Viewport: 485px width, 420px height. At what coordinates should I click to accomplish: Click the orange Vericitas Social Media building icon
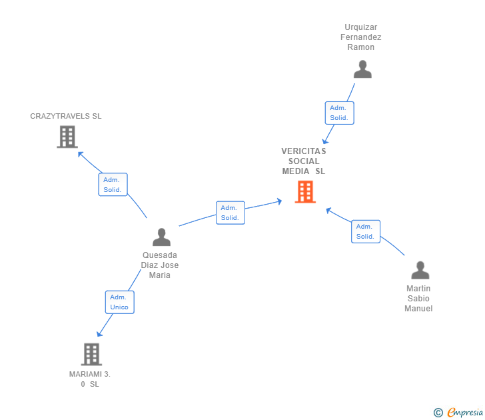[305, 192]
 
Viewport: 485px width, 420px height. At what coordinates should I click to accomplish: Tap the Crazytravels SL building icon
[67, 137]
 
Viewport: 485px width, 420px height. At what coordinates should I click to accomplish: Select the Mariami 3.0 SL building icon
[91, 354]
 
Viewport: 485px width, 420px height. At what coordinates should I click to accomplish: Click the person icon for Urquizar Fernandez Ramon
[362, 69]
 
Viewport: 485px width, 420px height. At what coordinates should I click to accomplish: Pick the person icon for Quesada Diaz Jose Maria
[161, 237]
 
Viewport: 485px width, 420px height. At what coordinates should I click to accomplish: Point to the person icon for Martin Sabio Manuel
[420, 270]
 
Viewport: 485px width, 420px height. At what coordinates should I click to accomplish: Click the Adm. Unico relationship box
[119, 302]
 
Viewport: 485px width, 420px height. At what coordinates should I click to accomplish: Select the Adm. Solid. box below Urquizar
[338, 113]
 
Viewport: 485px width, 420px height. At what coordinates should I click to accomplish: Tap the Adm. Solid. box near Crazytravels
[113, 185]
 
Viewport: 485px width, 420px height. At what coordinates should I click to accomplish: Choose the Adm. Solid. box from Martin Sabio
[365, 231]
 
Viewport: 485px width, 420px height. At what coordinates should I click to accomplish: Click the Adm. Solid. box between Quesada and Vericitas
[230, 213]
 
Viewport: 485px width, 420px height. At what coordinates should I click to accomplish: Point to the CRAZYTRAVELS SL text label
[66, 116]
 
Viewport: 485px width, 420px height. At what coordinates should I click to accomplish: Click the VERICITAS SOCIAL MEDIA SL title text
[304, 161]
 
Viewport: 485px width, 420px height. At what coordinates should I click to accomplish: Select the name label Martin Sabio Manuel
[418, 298]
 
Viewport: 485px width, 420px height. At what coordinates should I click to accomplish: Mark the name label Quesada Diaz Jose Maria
[160, 265]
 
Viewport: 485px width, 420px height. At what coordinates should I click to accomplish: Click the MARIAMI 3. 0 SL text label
[89, 379]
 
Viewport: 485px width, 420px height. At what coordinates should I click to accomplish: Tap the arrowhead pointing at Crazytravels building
[80, 154]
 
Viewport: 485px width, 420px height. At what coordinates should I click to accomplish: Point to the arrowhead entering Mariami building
[99, 335]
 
